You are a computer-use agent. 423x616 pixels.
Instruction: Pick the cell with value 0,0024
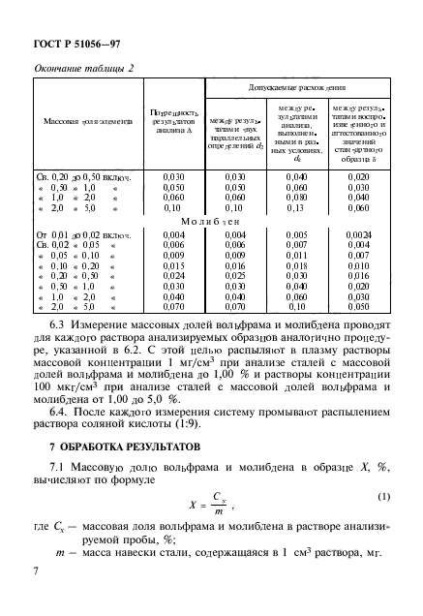click(x=358, y=234)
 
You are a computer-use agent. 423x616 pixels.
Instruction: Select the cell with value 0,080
click(x=295, y=197)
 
